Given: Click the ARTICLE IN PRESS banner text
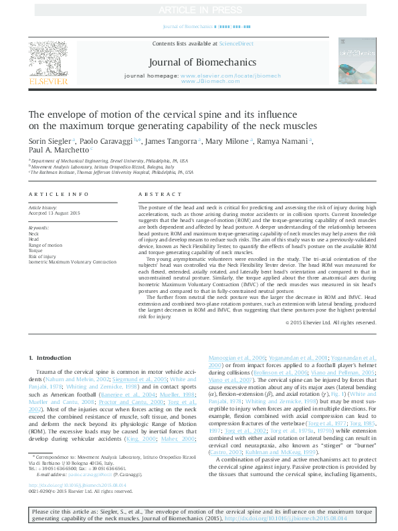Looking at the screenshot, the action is coord(199,10).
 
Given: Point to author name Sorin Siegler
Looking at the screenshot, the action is coord(50,142).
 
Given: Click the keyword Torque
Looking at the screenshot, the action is coord(35,251).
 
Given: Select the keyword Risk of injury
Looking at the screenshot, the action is coord(41,256).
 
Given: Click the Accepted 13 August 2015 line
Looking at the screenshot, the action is coord(54,213).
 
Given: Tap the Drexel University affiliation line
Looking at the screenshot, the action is coord(107,161).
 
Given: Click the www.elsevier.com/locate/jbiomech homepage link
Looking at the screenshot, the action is coord(221,76).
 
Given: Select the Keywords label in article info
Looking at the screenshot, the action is coord(39,228).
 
